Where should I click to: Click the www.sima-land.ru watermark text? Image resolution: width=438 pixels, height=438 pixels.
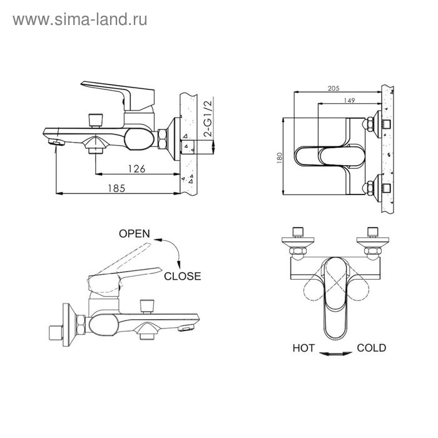(x=80, y=20)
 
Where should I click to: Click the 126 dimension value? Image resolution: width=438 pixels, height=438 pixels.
(x=136, y=169)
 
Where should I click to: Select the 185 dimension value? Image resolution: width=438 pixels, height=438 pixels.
(x=116, y=188)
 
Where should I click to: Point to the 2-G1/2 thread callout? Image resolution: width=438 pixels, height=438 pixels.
(x=208, y=118)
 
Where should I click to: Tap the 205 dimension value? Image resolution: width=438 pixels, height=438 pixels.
(x=334, y=89)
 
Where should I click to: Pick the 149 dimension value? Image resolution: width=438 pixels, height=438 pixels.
(x=349, y=100)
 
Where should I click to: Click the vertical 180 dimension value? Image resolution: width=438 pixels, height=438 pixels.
(x=279, y=158)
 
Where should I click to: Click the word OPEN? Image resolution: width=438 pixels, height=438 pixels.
(x=135, y=233)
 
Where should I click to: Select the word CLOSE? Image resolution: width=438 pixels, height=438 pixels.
(x=183, y=277)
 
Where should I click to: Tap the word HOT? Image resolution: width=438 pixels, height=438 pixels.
(x=303, y=348)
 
